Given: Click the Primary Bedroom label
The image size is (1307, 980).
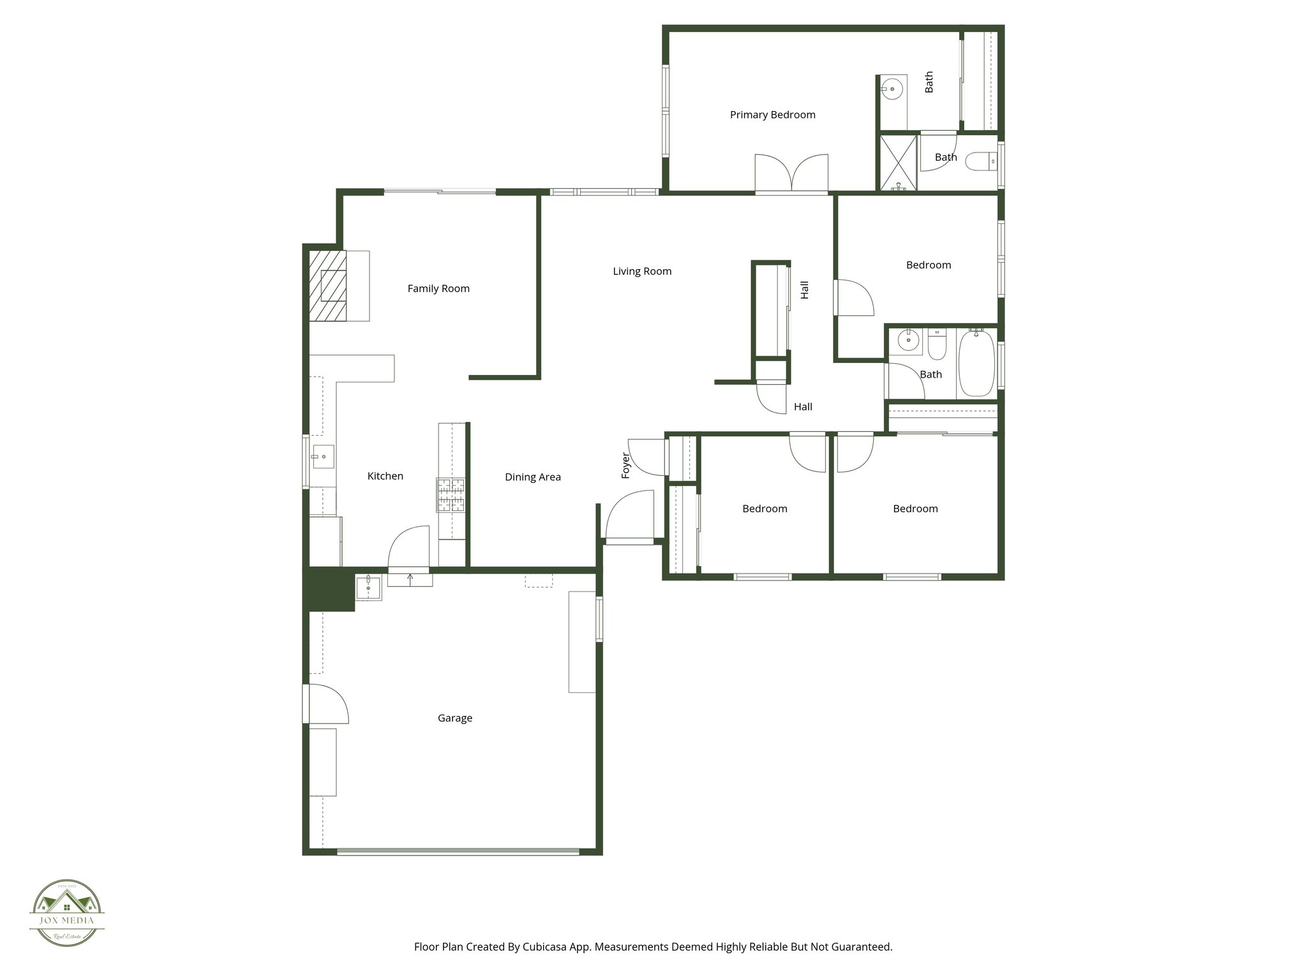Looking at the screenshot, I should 772,115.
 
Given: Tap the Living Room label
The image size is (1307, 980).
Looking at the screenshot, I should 642,271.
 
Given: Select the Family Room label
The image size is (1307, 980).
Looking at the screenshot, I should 438,288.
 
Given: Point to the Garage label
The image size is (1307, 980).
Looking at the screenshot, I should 455,718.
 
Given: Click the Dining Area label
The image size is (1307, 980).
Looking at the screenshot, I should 533,477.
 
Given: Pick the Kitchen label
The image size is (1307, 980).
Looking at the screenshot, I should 385,476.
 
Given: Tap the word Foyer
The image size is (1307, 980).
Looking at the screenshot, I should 626,465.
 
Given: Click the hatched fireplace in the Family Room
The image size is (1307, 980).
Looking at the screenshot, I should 328,285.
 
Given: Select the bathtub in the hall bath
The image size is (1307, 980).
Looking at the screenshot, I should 976,362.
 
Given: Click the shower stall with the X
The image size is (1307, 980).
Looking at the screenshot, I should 899,161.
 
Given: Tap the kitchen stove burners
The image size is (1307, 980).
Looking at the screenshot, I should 451,495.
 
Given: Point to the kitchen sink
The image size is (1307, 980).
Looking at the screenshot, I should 323,456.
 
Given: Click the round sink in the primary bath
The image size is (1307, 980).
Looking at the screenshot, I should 892,89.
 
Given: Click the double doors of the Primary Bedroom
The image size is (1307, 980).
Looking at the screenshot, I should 791,174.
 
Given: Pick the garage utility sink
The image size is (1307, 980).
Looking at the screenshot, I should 368,587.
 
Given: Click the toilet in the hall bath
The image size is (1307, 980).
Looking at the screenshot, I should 937,345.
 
